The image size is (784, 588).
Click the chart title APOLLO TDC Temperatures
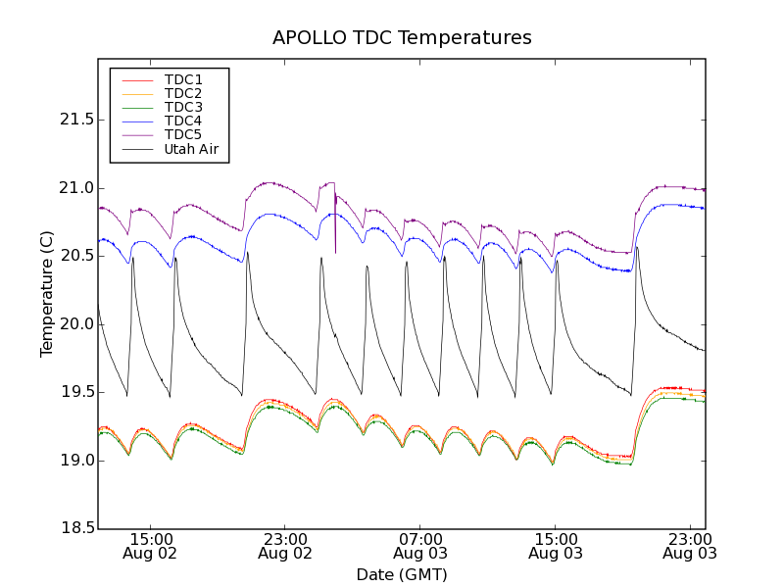point(402,38)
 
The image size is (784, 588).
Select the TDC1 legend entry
point(183,79)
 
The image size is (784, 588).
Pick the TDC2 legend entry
point(183,93)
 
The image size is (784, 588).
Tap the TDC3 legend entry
point(183,107)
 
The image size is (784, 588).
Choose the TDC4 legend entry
point(183,121)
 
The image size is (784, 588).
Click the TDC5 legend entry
point(183,134)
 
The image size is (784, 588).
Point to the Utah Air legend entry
point(190,149)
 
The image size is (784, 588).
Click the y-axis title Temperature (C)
point(47,293)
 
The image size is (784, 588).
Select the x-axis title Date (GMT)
point(401,574)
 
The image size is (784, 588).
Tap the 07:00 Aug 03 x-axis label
point(420,546)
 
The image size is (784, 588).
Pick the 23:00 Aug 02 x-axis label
point(285,546)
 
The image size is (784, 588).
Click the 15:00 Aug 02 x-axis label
point(151,546)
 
